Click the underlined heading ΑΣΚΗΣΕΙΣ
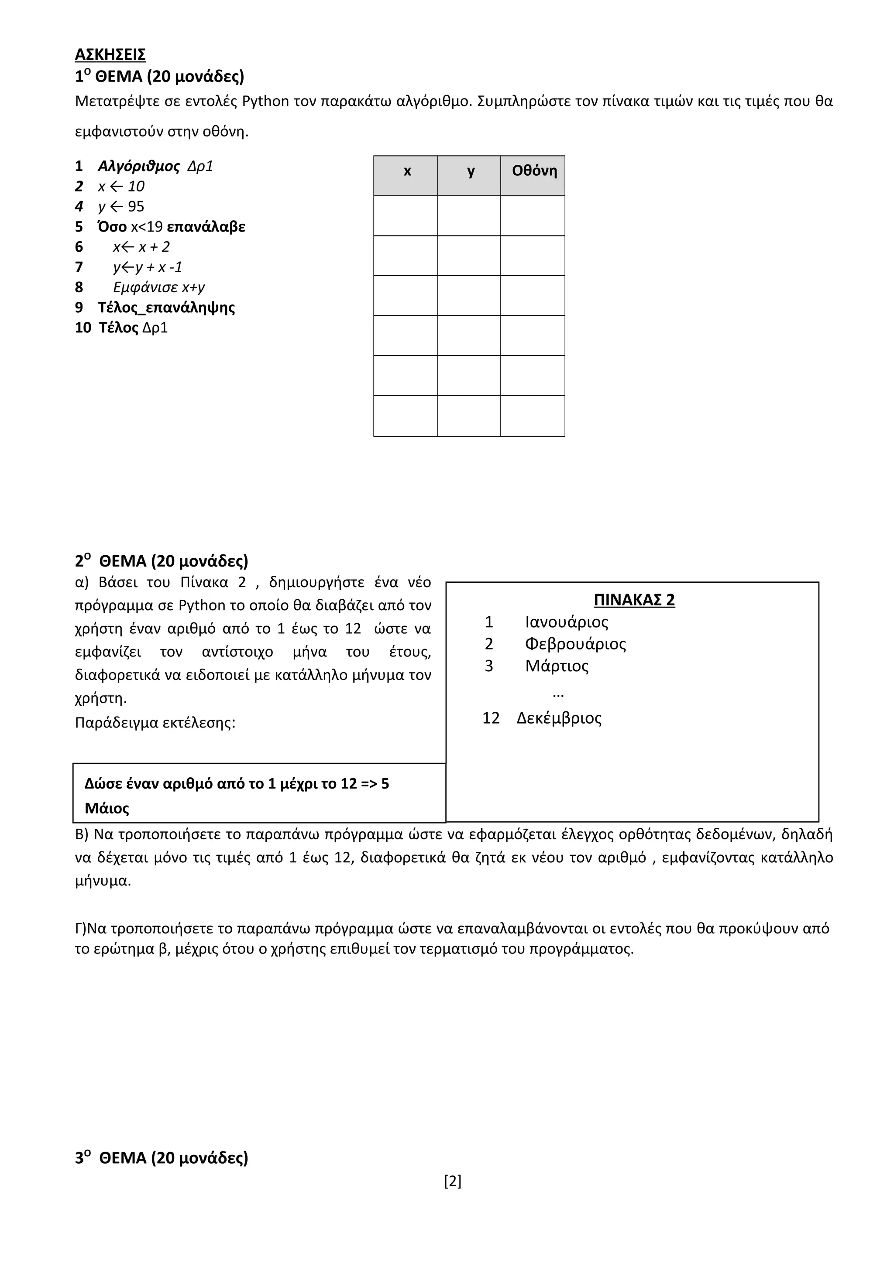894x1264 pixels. click(x=110, y=55)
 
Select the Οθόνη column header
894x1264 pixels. click(x=534, y=171)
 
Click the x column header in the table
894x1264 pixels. click(x=407, y=171)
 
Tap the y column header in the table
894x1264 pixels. click(x=471, y=171)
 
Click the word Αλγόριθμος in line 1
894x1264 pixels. click(x=139, y=166)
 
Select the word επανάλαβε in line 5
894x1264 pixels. click(x=206, y=227)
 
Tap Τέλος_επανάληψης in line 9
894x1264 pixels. click(x=166, y=308)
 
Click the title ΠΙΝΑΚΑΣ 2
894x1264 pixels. click(x=633, y=600)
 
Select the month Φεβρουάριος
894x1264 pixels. click(x=575, y=644)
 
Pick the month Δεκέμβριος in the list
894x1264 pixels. click(x=559, y=718)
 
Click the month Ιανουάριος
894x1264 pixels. click(x=566, y=622)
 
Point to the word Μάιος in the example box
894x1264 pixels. click(x=107, y=808)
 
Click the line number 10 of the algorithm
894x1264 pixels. click(x=83, y=328)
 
